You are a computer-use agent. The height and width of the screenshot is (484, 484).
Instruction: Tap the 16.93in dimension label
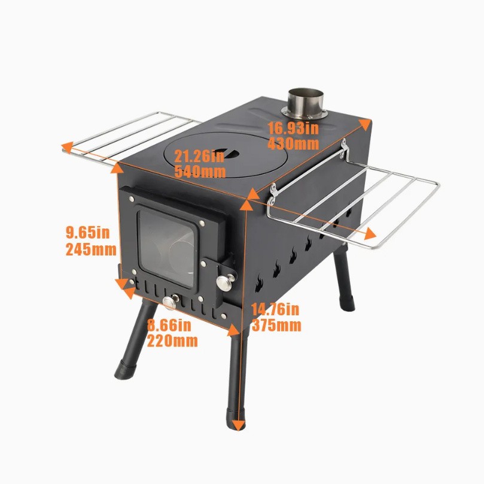tap(293, 128)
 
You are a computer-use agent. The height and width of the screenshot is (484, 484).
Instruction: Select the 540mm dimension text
tap(200, 172)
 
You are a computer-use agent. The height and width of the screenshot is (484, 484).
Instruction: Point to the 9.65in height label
tap(88, 233)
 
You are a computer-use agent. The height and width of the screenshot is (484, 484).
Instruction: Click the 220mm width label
tap(172, 341)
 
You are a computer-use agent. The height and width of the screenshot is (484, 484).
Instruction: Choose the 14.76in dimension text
tap(275, 309)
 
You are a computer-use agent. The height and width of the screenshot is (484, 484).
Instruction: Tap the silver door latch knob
tap(225, 282)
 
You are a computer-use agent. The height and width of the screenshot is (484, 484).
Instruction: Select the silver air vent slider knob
tap(171, 302)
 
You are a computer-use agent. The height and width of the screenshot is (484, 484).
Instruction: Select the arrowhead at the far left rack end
tap(67, 147)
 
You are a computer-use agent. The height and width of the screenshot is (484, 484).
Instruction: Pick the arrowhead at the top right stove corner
tap(364, 124)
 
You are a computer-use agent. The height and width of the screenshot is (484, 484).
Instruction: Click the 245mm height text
tap(91, 249)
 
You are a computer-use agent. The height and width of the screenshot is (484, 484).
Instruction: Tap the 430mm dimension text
tap(293, 144)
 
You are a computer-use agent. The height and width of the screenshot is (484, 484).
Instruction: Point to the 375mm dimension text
tap(276, 325)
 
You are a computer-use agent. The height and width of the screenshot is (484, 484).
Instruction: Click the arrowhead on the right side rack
tap(370, 235)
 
